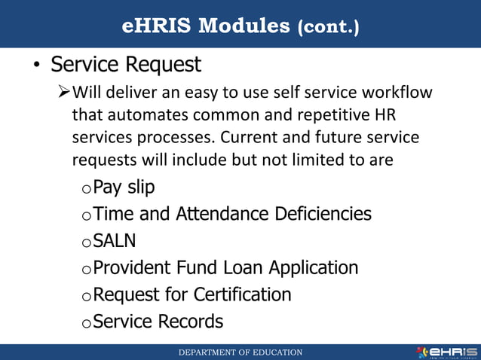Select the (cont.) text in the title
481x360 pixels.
[329, 28]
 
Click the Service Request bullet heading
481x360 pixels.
[126, 65]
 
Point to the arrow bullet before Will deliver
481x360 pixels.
[64, 93]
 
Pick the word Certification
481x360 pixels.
[243, 294]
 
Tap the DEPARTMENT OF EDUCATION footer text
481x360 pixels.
[240, 352]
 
